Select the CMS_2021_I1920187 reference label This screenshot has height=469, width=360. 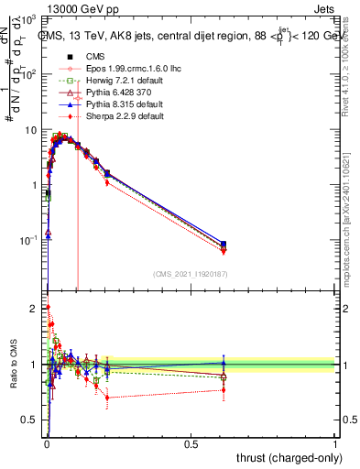(x=189, y=274)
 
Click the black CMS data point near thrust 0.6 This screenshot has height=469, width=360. (x=224, y=245)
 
